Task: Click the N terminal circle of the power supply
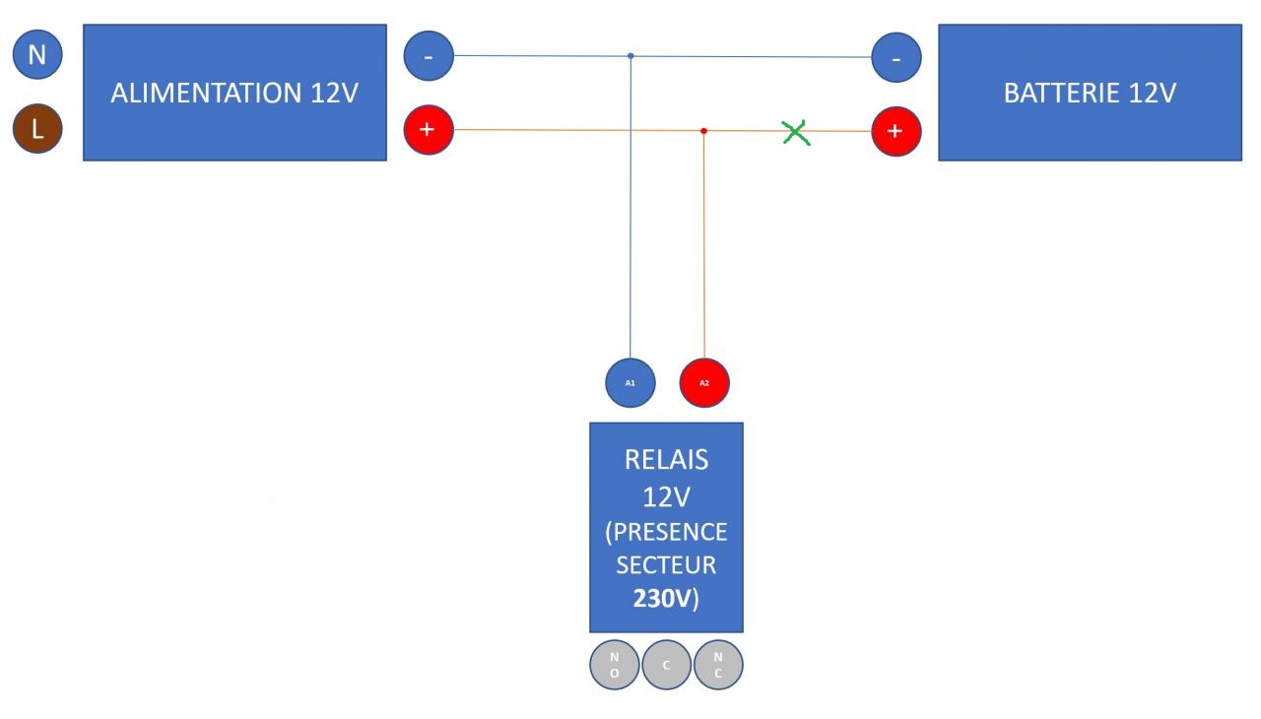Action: [37, 55]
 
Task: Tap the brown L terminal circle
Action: [37, 129]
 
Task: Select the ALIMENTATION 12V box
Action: [234, 93]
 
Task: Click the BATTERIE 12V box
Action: [1090, 93]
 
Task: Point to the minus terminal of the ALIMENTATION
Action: [429, 56]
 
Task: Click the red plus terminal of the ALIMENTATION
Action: [429, 130]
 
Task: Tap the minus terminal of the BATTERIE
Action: [896, 57]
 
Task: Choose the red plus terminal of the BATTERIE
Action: [896, 131]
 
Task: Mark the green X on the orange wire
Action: [796, 132]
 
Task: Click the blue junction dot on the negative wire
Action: [630, 56]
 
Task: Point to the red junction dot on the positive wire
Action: [703, 131]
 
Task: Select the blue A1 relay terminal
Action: [630, 382]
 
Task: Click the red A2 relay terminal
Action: [704, 382]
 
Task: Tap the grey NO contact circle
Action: [615, 665]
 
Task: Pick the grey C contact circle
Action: [667, 665]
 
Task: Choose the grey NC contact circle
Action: [718, 665]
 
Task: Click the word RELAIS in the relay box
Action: [667, 460]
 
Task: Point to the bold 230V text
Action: [662, 599]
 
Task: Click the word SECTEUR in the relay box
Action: [666, 565]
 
